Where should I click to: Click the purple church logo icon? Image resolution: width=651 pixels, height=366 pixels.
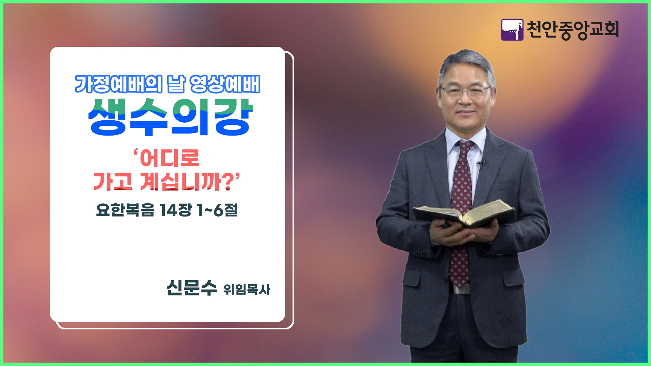(x=512, y=30)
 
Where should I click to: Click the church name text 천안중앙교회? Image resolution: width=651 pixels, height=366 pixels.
(x=573, y=30)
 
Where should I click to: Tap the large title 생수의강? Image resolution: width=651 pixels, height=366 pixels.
(x=170, y=117)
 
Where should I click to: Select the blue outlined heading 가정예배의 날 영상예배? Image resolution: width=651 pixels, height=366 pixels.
(x=167, y=84)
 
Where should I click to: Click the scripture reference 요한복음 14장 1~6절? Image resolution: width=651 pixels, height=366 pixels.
(x=167, y=210)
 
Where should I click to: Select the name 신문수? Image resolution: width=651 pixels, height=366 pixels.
(x=191, y=288)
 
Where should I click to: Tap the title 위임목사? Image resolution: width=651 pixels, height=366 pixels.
(x=247, y=290)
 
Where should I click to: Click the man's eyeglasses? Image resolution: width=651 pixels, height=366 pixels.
(x=465, y=90)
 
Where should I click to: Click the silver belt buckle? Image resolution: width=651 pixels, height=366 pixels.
(x=461, y=289)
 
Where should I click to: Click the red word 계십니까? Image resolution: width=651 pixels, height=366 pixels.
(x=182, y=182)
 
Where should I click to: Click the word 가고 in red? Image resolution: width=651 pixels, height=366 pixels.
(x=113, y=182)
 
